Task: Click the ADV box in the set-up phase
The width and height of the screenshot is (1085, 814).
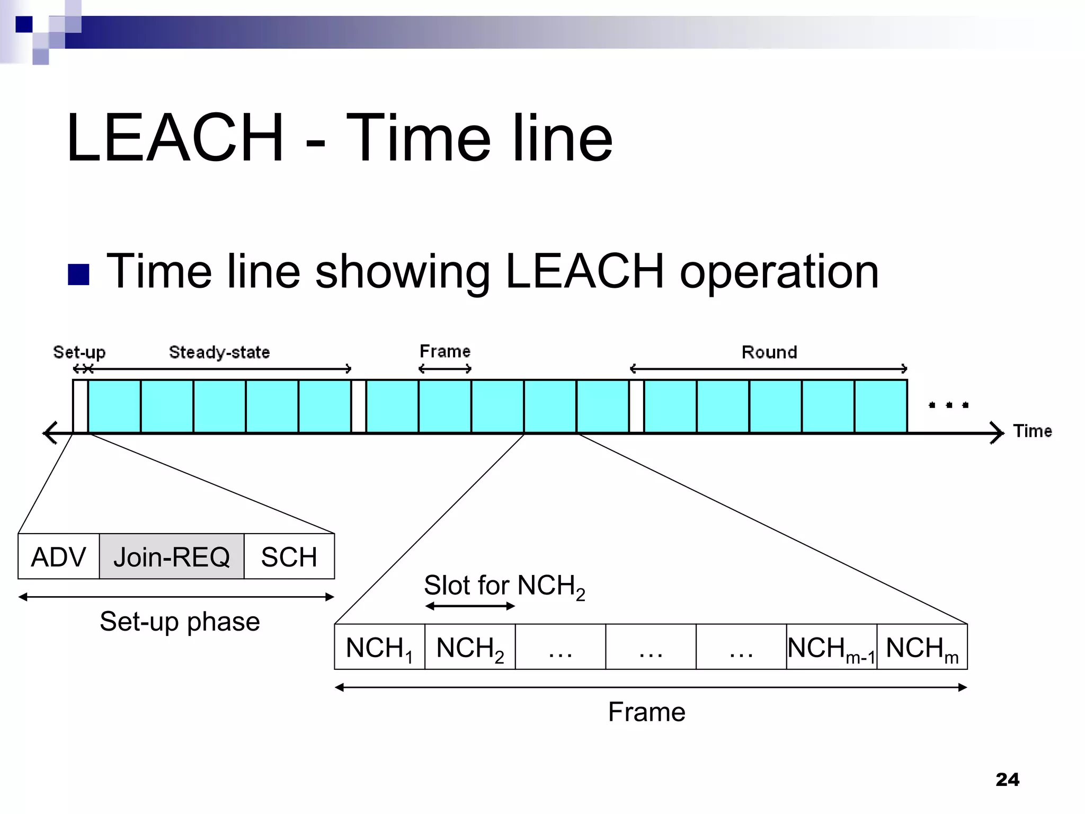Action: pyautogui.click(x=58, y=556)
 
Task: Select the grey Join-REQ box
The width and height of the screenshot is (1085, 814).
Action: pyautogui.click(x=172, y=556)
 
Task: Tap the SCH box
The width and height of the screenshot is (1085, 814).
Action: pyautogui.click(x=289, y=556)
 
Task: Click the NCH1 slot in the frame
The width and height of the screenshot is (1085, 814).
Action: pyautogui.click(x=379, y=647)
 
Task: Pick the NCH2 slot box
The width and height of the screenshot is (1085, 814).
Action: pyautogui.click(x=470, y=647)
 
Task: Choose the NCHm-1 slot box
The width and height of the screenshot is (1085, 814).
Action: pyautogui.click(x=831, y=647)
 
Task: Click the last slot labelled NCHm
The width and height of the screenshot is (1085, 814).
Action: pyautogui.click(x=922, y=647)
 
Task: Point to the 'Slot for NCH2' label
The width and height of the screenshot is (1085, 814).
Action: pyautogui.click(x=504, y=586)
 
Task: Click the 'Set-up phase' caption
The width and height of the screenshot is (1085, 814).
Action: pyautogui.click(x=180, y=621)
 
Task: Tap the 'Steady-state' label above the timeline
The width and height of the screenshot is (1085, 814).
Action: pyautogui.click(x=219, y=352)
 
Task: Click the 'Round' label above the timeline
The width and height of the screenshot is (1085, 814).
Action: pyautogui.click(x=769, y=352)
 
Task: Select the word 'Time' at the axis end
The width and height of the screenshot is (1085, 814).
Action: pyautogui.click(x=1032, y=431)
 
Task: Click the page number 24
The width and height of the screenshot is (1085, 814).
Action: pyautogui.click(x=1007, y=780)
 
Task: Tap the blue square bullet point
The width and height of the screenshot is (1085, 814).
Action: pyautogui.click(x=79, y=274)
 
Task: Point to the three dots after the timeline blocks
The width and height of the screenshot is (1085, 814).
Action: pyautogui.click(x=949, y=405)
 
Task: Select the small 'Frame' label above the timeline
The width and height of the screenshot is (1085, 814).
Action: pyautogui.click(x=445, y=351)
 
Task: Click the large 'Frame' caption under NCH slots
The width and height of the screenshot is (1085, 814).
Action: pyautogui.click(x=646, y=712)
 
